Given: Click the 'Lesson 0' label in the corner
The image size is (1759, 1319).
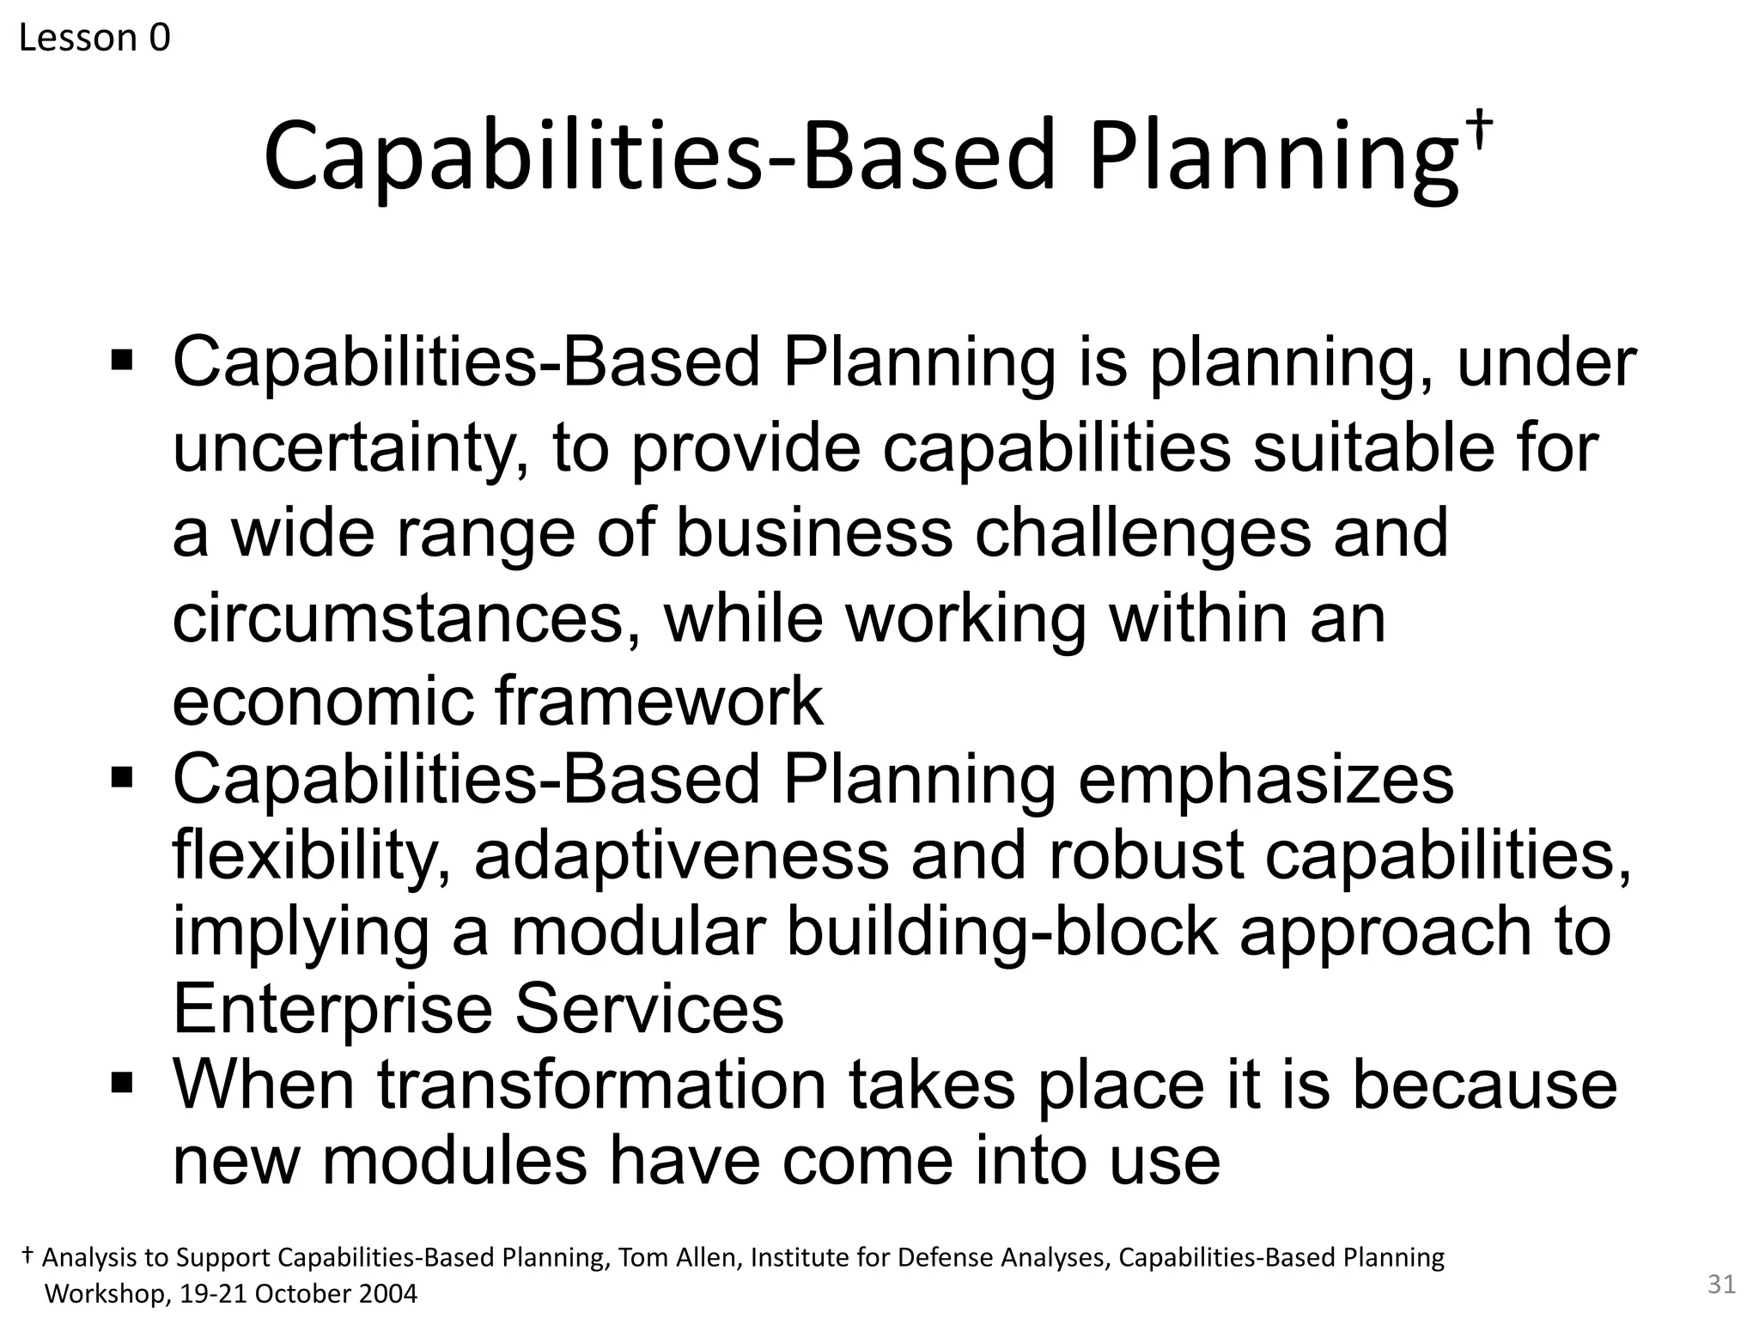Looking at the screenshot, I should point(94,38).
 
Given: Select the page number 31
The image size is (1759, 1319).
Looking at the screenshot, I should point(1721,1284).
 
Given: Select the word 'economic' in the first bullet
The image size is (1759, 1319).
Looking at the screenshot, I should point(323,701).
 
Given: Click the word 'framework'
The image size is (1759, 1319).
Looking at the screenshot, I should point(659,701).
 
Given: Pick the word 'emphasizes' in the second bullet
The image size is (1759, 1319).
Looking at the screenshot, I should point(1265,779).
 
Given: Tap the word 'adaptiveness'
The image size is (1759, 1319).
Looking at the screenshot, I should point(681,855).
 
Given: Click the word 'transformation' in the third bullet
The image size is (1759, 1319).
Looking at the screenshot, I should point(601,1085).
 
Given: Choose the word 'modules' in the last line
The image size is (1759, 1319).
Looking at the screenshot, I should point(454,1160).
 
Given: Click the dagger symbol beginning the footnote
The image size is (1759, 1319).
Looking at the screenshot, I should point(27,1255).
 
